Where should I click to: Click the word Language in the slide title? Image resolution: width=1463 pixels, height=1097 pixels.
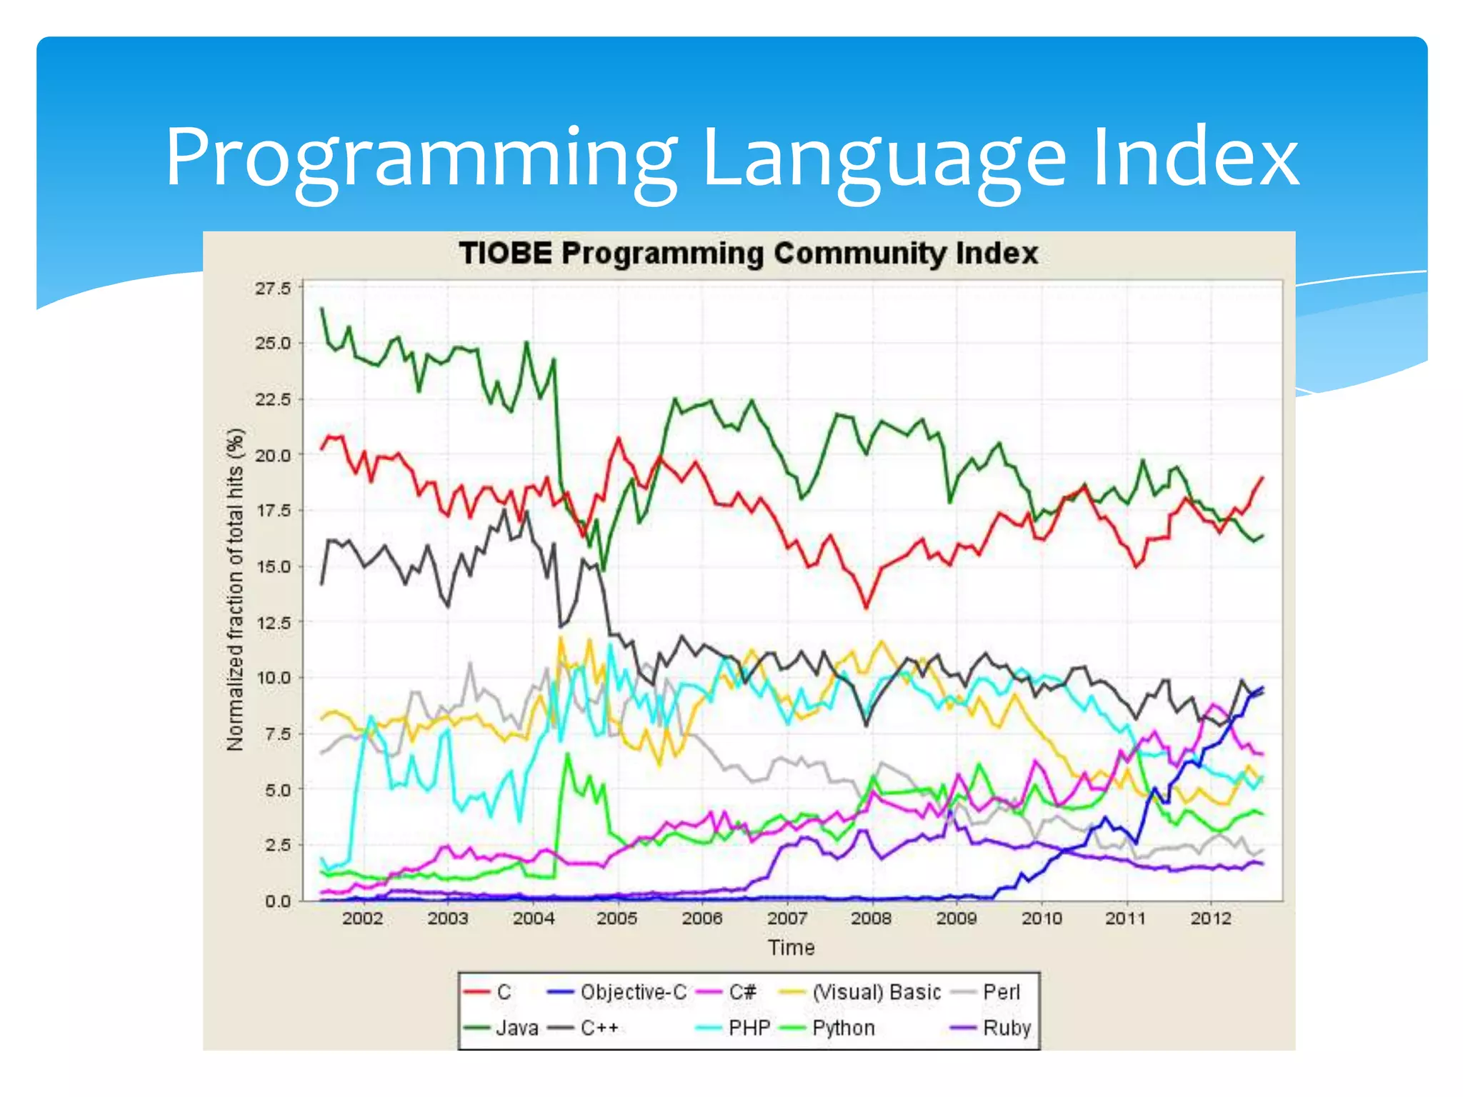pos(884,159)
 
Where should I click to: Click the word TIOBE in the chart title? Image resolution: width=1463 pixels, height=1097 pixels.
pos(505,254)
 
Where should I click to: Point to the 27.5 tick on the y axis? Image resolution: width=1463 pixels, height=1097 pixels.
pos(273,289)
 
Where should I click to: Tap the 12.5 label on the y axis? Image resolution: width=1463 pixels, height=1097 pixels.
pos(273,623)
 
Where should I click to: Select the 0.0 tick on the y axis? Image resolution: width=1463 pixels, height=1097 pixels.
pos(277,901)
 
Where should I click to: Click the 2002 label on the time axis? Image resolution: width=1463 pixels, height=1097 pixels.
pos(362,918)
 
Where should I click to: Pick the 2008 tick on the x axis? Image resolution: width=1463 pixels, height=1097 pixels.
pos(871,918)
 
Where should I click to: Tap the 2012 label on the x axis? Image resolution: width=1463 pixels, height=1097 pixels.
pos(1210,918)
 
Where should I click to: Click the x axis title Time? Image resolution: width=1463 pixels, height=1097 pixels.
pos(791,948)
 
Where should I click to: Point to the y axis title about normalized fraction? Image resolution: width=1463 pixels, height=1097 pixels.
pos(235,590)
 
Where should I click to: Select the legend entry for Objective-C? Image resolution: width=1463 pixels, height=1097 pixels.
pos(633,992)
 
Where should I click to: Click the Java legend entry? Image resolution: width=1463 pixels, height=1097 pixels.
pos(516,1028)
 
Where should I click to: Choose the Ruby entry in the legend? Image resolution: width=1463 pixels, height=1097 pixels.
pos(1007,1028)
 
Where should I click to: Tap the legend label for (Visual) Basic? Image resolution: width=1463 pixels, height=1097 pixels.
pos(877,992)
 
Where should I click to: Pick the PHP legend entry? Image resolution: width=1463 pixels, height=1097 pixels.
pos(749,1028)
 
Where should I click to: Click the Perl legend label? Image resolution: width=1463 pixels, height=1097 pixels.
pos(1001,992)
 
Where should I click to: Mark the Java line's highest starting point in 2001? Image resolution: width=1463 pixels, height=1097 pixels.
pos(321,309)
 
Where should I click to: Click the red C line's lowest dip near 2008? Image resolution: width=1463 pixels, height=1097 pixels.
pos(867,608)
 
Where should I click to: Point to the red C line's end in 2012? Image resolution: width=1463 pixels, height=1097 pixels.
pos(1262,477)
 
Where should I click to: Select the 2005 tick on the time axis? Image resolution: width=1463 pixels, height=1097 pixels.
pos(616,918)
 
